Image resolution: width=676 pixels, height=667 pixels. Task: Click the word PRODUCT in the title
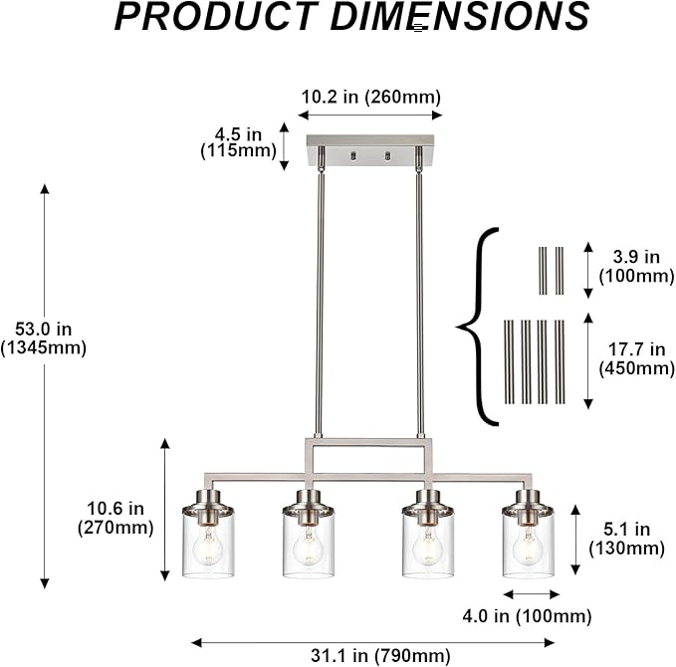pyautogui.click(x=216, y=16)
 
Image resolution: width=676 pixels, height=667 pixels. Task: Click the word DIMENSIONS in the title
pyautogui.click(x=460, y=16)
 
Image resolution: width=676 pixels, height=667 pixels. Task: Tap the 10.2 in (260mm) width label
pyautogui.click(x=370, y=97)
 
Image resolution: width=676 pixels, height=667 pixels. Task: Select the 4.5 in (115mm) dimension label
pyautogui.click(x=238, y=142)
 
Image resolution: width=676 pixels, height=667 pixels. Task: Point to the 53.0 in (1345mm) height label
pyautogui.click(x=43, y=338)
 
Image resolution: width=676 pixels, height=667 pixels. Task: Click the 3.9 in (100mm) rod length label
pyautogui.click(x=636, y=267)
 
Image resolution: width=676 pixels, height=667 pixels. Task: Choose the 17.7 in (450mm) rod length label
pyautogui.click(x=636, y=358)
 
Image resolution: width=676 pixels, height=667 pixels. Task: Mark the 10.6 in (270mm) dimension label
pyautogui.click(x=115, y=518)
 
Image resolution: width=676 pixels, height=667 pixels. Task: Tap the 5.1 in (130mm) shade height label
pyautogui.click(x=627, y=539)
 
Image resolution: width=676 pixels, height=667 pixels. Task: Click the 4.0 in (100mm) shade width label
pyautogui.click(x=527, y=616)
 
